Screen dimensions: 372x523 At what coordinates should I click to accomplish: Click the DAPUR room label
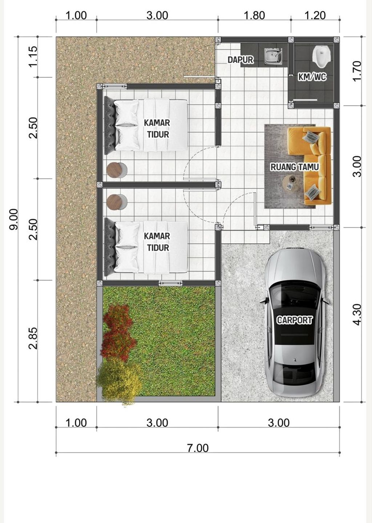(x=240, y=60)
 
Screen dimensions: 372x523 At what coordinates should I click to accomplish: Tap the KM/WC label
(x=312, y=77)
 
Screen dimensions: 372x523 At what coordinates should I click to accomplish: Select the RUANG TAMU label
(x=295, y=167)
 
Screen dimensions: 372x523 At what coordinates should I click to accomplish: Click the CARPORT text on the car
(x=294, y=320)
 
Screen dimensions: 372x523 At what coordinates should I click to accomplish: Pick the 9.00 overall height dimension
(x=13, y=219)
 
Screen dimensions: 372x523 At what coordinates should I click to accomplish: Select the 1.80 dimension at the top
(x=254, y=15)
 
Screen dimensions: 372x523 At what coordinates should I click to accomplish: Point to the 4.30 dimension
(x=357, y=314)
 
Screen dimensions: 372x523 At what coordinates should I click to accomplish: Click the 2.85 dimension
(x=33, y=338)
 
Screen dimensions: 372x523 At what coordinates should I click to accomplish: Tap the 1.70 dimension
(x=357, y=71)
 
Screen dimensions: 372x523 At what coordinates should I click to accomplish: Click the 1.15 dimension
(x=33, y=56)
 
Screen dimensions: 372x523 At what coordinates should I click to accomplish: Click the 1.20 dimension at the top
(x=315, y=15)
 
